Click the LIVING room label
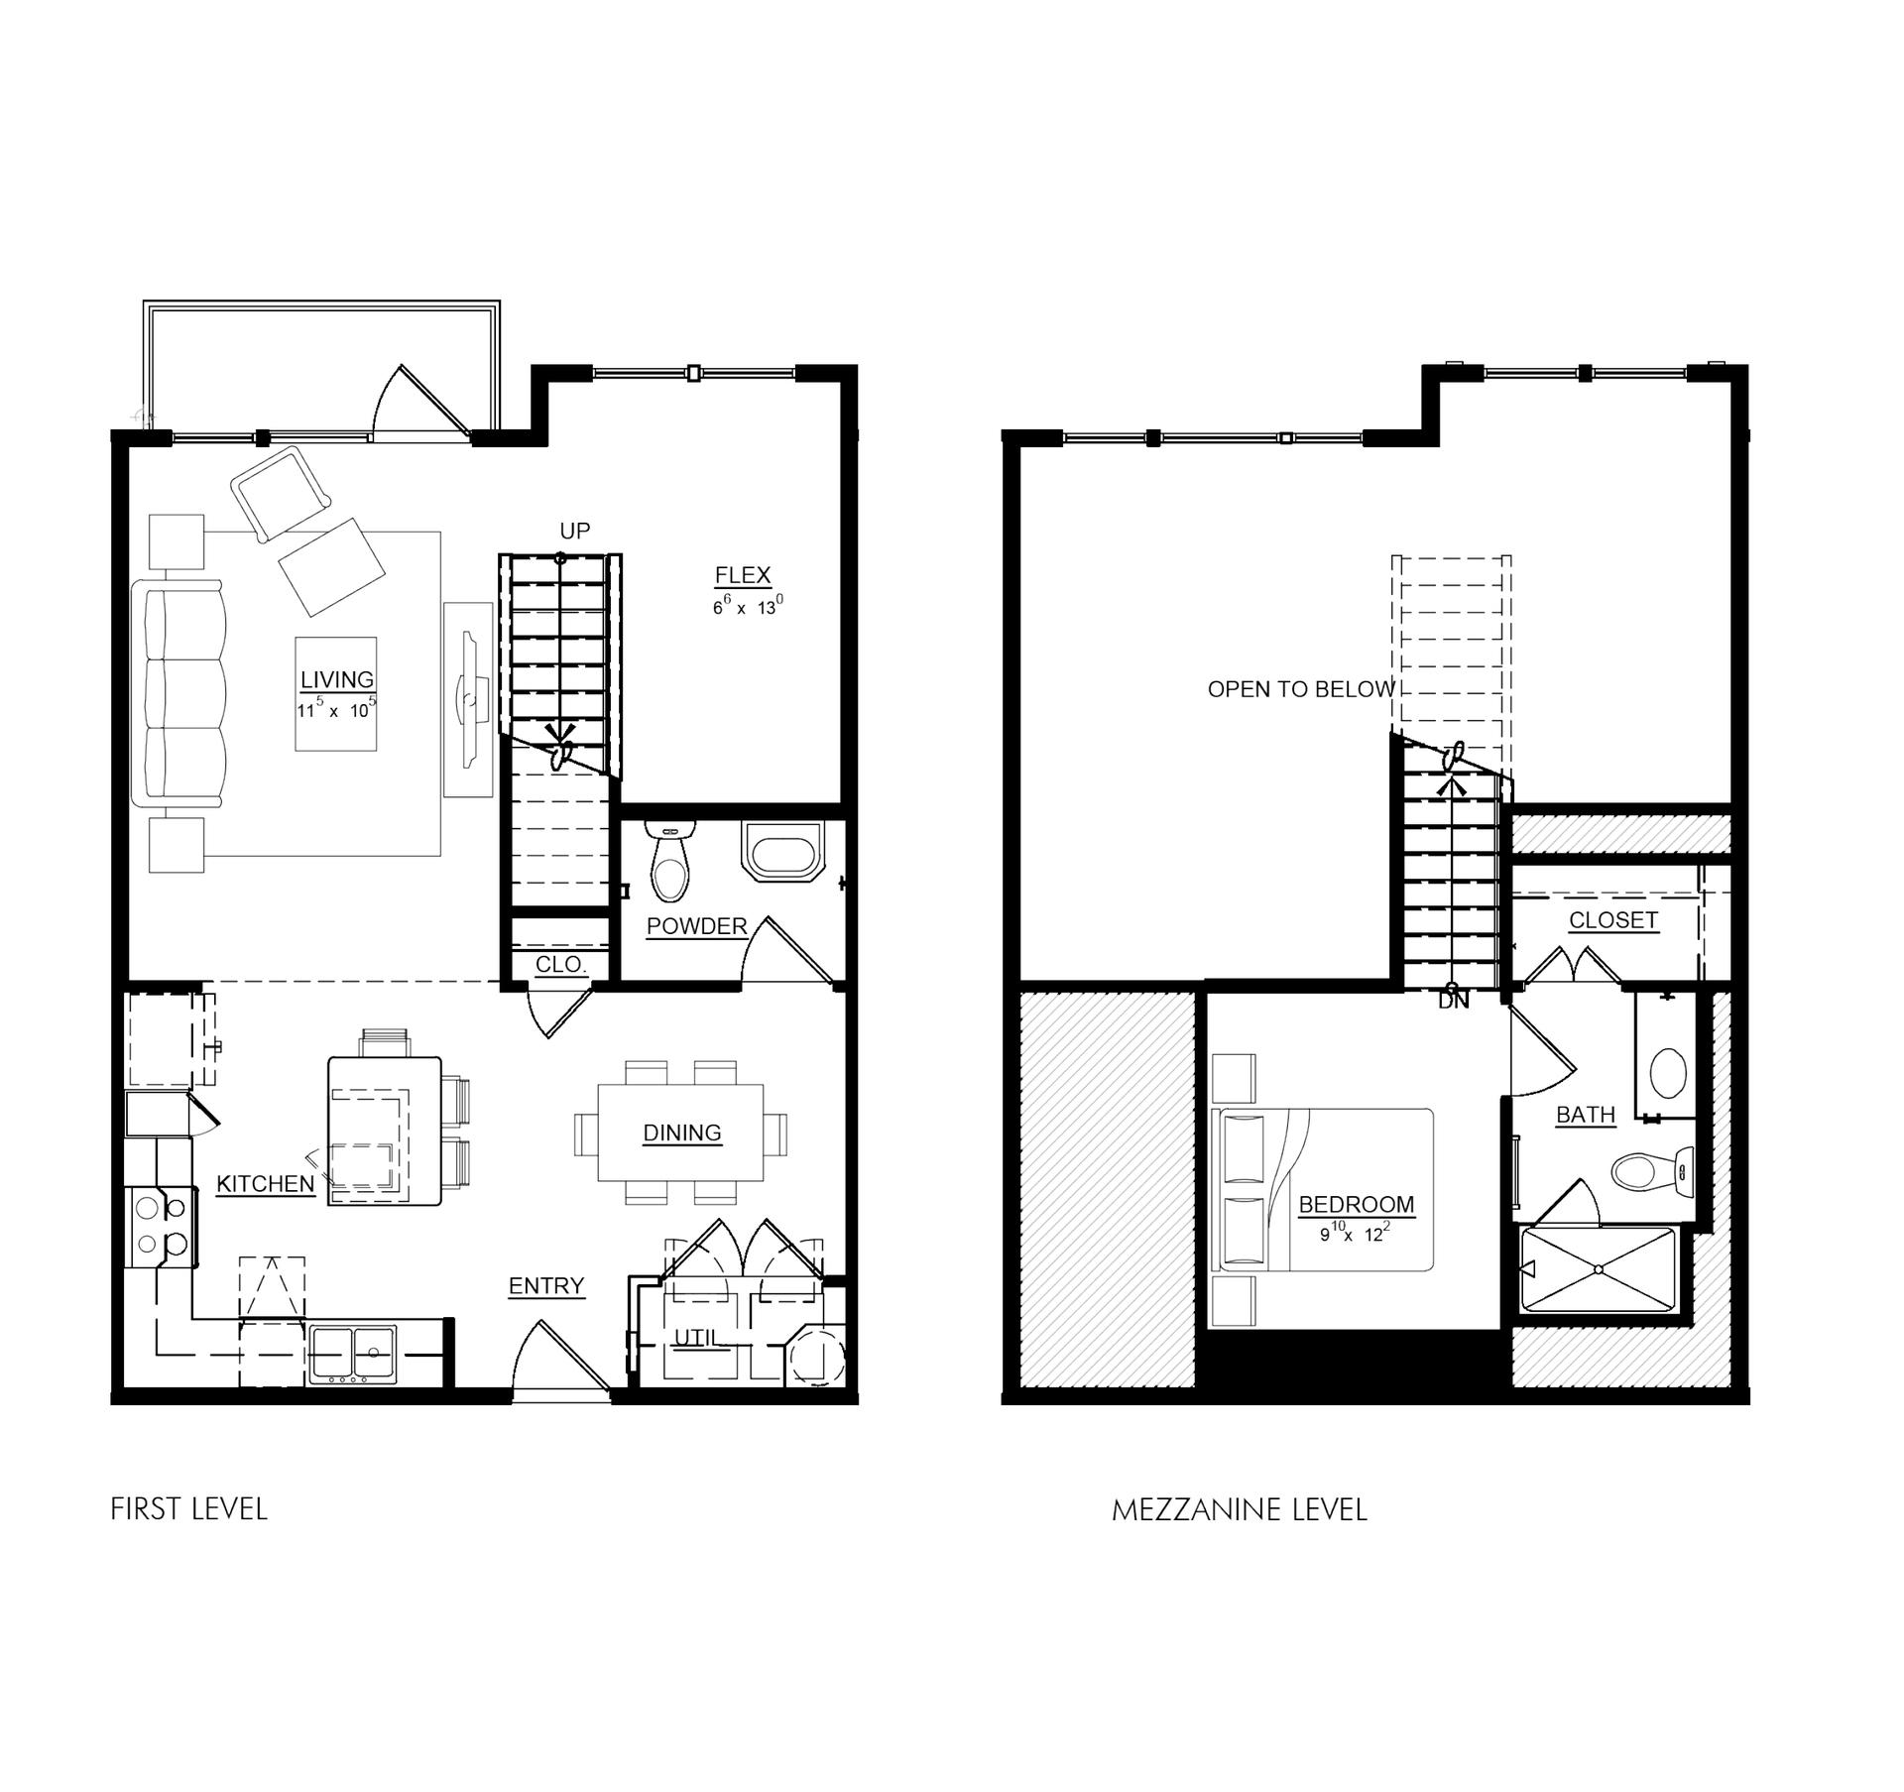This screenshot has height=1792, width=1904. point(337,680)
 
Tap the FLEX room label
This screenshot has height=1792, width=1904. point(743,575)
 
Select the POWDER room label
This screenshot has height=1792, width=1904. point(697,926)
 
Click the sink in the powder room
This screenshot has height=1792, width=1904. point(783,851)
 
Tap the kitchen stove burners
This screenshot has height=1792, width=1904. point(161,1226)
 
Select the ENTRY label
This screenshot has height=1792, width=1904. point(546,1286)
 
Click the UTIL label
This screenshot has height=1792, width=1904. point(696,1338)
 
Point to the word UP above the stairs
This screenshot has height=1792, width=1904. point(575,532)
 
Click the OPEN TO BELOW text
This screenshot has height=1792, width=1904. point(1301,690)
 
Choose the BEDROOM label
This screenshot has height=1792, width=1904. point(1357,1205)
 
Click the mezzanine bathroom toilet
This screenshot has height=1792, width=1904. point(1654,1171)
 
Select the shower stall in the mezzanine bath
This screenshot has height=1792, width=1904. point(1598,1269)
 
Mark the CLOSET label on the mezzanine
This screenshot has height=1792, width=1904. point(1613,920)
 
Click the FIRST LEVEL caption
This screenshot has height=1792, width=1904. point(188,1509)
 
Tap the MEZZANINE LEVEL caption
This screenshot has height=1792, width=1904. point(1240,1510)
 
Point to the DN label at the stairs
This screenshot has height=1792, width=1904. point(1454,1002)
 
